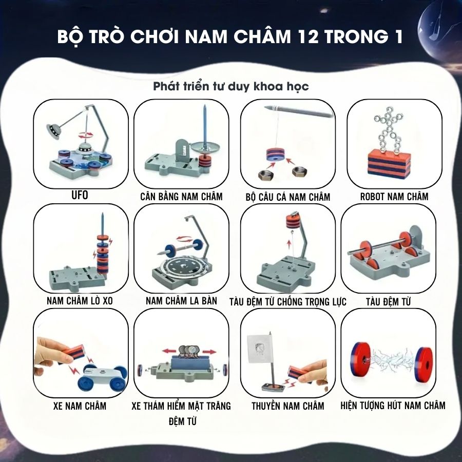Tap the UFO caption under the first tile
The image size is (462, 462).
(80, 195)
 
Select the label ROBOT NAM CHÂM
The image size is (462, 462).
(394, 197)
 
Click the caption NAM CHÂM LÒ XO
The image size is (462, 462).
(80, 301)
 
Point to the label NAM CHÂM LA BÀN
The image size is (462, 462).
(182, 301)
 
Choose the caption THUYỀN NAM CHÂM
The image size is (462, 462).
(288, 406)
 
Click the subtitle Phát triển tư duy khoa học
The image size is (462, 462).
(231, 86)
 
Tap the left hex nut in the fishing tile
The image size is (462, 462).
(266, 176)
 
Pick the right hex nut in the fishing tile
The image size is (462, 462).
(300, 172)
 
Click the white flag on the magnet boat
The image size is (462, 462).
(260, 349)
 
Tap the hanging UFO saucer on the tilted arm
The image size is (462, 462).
(53, 130)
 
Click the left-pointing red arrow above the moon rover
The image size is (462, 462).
(169, 351)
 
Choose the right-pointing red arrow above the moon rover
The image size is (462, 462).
(209, 352)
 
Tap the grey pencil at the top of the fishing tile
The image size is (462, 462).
(299, 111)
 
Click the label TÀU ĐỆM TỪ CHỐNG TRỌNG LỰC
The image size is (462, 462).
(288, 302)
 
